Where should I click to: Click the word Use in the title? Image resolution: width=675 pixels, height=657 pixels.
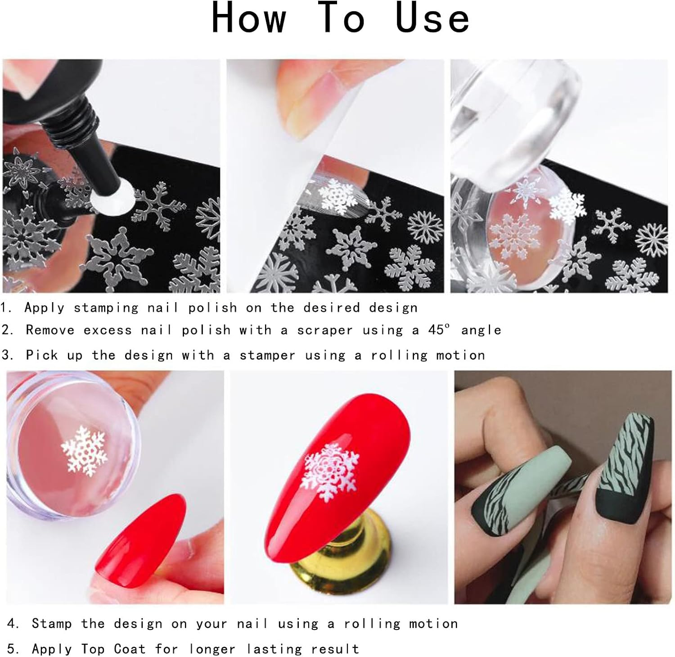click(x=432, y=18)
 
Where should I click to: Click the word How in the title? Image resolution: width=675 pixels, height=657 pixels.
click(x=249, y=18)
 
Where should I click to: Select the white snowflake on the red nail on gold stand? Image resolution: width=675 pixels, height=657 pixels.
click(x=332, y=472)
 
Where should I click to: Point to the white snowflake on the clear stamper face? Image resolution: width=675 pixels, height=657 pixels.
click(x=84, y=450)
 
